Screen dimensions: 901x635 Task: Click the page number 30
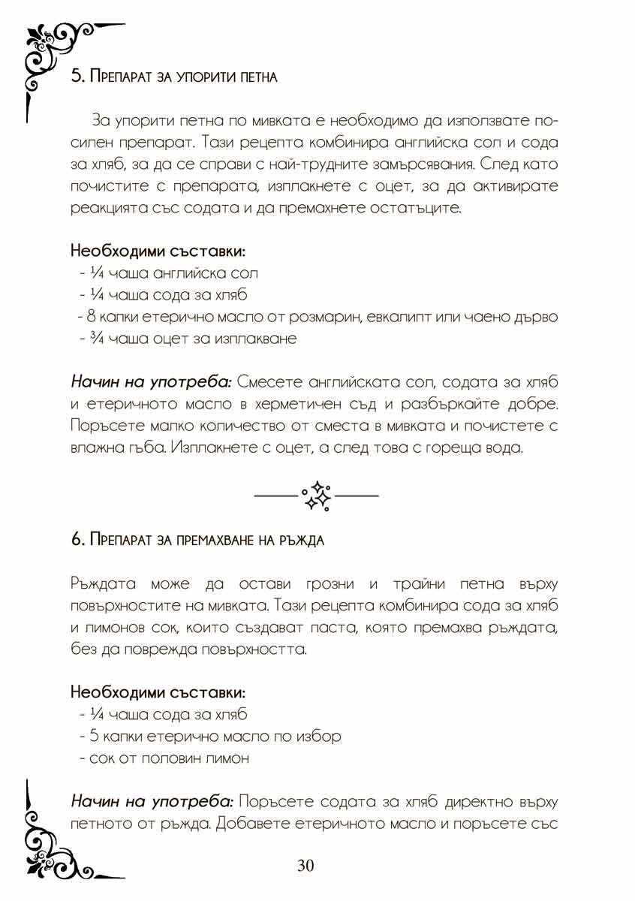(305, 866)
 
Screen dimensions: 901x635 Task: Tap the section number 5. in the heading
(76, 77)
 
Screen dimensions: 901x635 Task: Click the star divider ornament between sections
(317, 496)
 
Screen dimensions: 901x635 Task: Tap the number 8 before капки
(91, 317)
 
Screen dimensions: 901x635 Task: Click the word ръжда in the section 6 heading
(302, 541)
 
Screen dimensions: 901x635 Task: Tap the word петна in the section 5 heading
(258, 77)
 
